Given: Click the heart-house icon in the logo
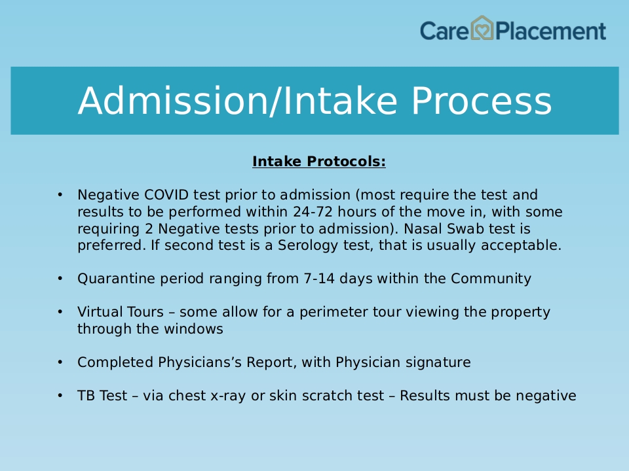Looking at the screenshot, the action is coord(482,28).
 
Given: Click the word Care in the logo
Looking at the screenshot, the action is coord(444,31).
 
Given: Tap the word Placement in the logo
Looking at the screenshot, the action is coord(550,31).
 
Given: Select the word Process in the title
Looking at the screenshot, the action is coord(482,101).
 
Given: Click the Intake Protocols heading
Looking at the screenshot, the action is coord(319,162).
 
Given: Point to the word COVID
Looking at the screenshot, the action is coord(166,195).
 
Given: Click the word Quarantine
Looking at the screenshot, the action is coord(117,279).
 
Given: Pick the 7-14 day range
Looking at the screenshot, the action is coord(319,279).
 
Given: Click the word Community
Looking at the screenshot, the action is coord(491,279).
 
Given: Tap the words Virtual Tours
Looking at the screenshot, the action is coord(121,311).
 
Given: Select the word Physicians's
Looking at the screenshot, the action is coord(200,362).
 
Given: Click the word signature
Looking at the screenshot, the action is coord(438,362).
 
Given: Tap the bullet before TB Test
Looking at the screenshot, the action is coord(60,396).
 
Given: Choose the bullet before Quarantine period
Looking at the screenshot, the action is coord(60,279).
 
